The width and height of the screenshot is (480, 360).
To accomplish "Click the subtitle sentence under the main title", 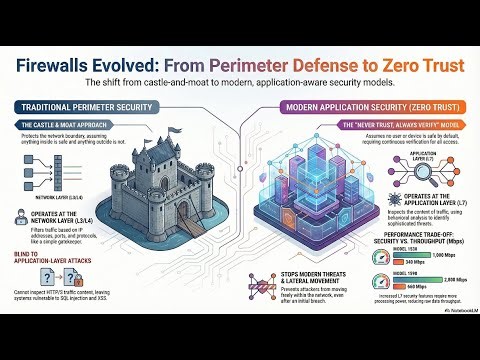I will (x=240, y=81).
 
